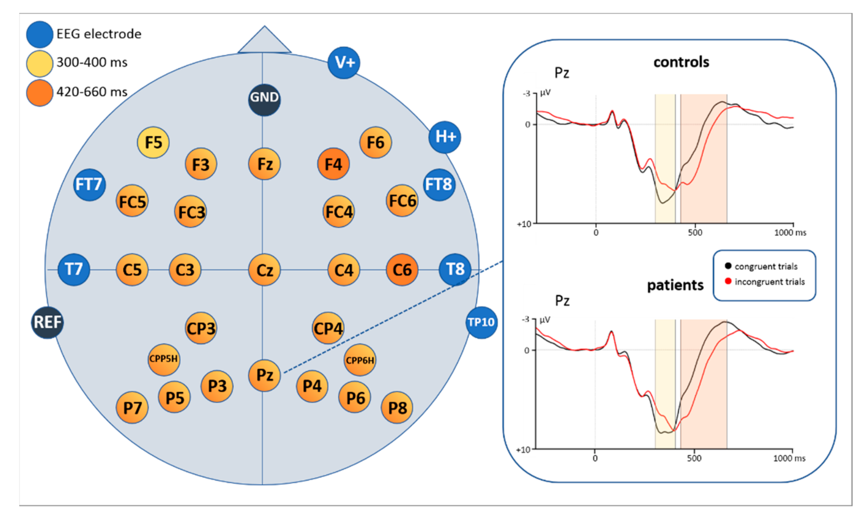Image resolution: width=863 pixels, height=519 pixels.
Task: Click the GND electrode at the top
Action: (264, 99)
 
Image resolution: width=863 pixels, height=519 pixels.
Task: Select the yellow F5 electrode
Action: (153, 142)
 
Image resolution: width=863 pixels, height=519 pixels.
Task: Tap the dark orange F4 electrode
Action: (333, 164)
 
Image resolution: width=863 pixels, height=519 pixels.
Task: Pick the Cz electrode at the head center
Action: (264, 270)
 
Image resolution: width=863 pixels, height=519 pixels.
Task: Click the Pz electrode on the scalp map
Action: (264, 375)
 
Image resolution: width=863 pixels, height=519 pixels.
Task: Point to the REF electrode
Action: (47, 322)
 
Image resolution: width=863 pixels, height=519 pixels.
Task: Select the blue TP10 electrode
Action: (481, 322)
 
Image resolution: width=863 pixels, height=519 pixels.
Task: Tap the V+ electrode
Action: (344, 63)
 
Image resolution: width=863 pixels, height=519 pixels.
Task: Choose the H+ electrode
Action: (445, 137)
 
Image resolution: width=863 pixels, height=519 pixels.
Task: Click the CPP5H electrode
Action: (164, 360)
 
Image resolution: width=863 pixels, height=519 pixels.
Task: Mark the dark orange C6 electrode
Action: (402, 270)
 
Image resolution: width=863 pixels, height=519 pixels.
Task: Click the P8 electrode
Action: (397, 407)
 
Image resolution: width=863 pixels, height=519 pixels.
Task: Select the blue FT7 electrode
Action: (89, 185)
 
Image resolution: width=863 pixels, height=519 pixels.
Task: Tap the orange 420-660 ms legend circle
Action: (39, 93)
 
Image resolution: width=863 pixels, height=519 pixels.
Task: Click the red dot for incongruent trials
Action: (728, 282)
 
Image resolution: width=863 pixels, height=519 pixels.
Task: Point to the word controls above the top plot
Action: (681, 62)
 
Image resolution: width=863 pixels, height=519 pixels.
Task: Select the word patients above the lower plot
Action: (675, 285)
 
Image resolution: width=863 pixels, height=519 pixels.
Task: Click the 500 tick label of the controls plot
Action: (695, 233)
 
